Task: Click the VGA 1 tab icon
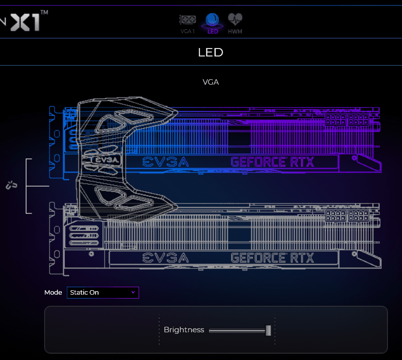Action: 188,22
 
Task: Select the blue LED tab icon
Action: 212,21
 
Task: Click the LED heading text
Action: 210,52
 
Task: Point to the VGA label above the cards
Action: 210,82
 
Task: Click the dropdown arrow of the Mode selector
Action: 133,293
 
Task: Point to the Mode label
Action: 53,293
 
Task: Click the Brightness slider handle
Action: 268,330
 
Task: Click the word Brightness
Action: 184,330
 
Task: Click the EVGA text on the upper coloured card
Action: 165,162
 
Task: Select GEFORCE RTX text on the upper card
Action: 272,162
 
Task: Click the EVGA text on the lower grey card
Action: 165,257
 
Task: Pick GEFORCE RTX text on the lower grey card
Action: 272,257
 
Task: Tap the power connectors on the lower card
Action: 346,216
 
